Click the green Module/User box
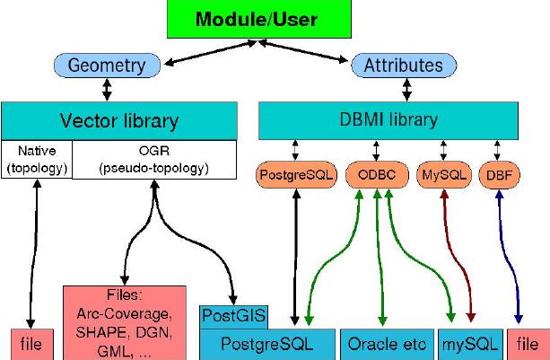click(276, 19)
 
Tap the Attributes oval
click(403, 65)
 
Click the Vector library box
click(118, 119)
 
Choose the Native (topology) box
click(36, 158)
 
